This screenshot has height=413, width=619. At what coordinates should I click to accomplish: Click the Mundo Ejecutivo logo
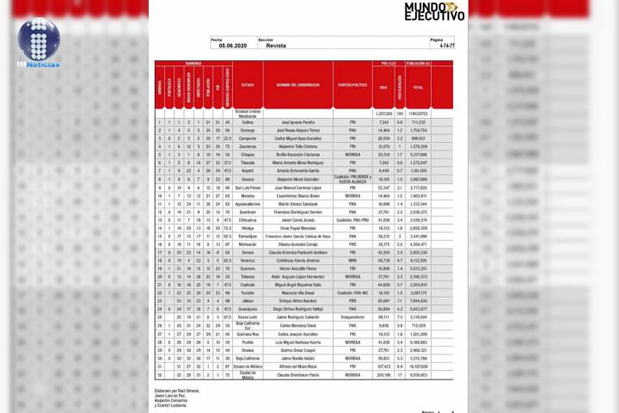(433, 12)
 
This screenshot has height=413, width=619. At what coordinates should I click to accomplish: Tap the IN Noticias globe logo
(38, 42)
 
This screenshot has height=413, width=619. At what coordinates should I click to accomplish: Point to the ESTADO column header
(248, 86)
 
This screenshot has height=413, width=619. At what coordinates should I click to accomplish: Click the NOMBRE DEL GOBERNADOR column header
(297, 86)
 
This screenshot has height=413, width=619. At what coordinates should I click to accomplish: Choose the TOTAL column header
(419, 89)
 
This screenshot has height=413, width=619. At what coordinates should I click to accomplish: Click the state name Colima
(248, 122)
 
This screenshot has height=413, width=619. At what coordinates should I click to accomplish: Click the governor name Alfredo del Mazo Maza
(297, 367)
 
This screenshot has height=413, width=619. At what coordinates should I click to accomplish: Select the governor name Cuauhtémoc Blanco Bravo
(297, 194)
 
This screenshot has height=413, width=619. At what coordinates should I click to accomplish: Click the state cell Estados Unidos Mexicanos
(248, 113)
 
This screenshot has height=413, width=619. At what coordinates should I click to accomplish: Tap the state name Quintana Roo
(248, 334)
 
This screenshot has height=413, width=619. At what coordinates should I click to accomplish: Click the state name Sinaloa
(248, 350)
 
